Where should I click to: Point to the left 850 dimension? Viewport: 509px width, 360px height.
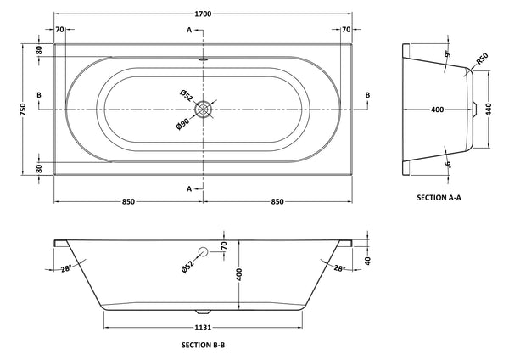pyautogui.click(x=129, y=202)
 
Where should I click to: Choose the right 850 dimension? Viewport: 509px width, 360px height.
pyautogui.click(x=278, y=202)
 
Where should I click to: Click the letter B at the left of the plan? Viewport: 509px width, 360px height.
pyautogui.click(x=40, y=94)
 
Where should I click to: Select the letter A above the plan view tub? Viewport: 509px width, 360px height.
pyautogui.click(x=188, y=30)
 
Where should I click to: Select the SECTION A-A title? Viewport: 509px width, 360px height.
pyautogui.click(x=439, y=197)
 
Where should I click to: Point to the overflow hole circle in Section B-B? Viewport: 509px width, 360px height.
pyautogui.click(x=204, y=252)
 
